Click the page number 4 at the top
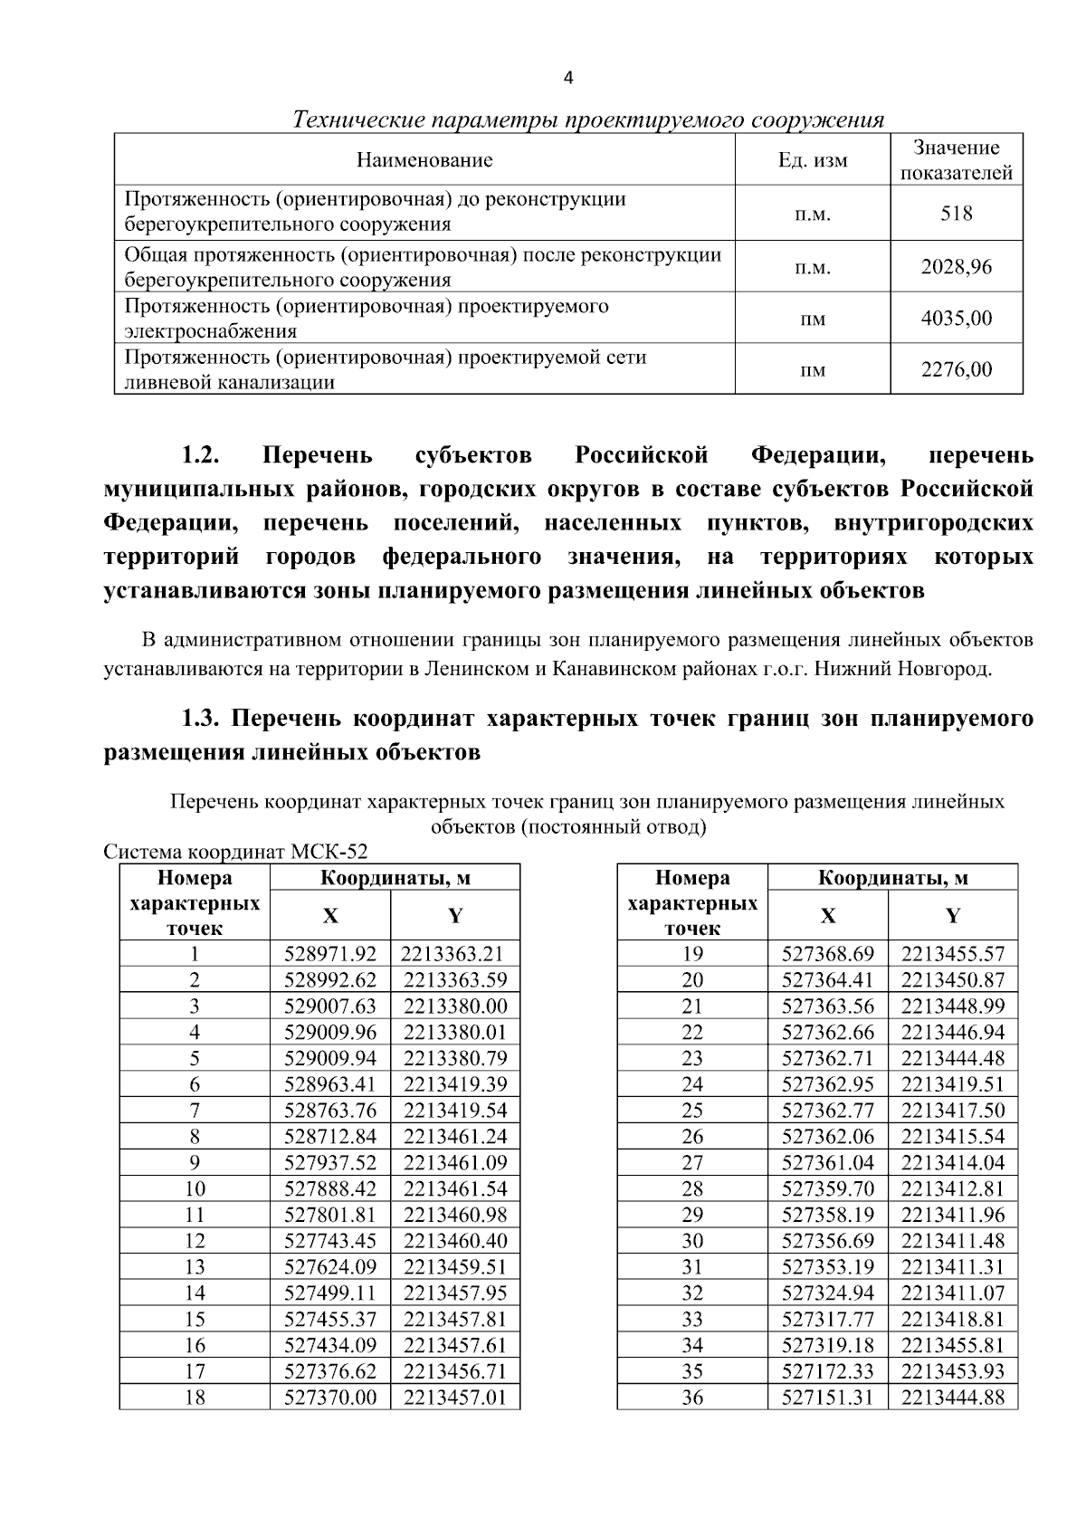coord(568,78)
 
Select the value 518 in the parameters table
coord(956,214)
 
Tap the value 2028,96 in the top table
coord(956,267)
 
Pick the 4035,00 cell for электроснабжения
coord(956,319)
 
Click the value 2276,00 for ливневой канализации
coord(956,369)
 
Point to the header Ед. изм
coord(813,161)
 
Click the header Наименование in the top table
coord(424,161)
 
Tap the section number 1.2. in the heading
coord(202,455)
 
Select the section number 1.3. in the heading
coord(202,720)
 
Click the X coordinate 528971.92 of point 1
coord(330,954)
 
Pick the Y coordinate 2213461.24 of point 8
coord(455,1137)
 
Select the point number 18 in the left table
coord(195,1398)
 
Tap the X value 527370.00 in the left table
coord(330,1398)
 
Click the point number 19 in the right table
coord(692,954)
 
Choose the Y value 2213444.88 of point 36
coord(953,1398)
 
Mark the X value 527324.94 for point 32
coord(827,1293)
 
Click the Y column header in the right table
coord(953,916)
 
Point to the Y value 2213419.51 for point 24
coord(953,1084)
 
